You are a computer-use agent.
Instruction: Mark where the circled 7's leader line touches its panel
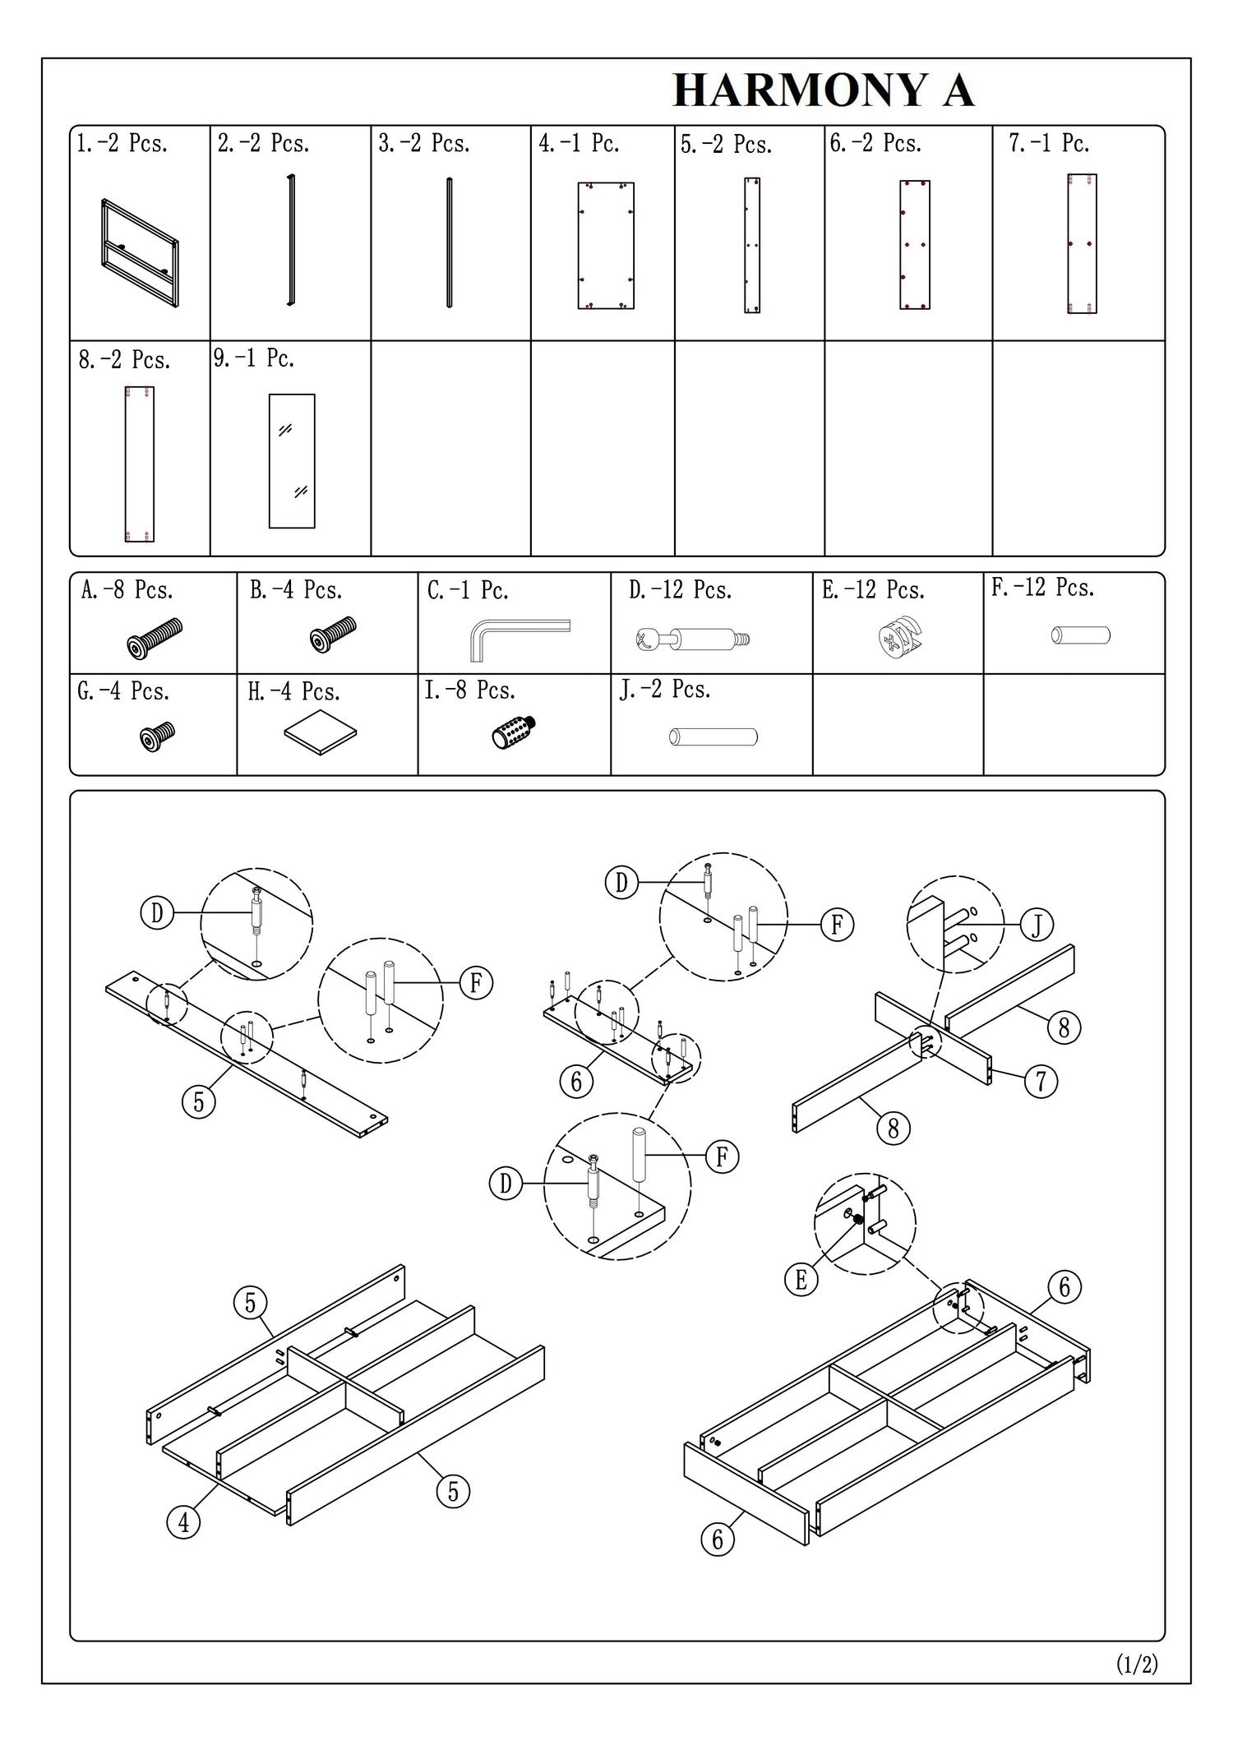coord(993,1070)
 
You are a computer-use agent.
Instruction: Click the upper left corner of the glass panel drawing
coord(270,395)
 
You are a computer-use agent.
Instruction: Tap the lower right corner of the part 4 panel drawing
coord(634,308)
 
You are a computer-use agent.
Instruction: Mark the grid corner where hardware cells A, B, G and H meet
coord(237,674)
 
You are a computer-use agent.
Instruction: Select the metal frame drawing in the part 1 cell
coord(140,242)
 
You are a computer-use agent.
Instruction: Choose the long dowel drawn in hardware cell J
coord(713,736)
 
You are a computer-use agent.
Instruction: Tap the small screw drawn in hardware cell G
coord(156,736)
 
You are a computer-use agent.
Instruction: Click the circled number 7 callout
coord(1041,1080)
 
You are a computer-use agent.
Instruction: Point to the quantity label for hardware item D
coord(680,590)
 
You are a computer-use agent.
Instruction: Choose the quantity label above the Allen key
coord(468,590)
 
